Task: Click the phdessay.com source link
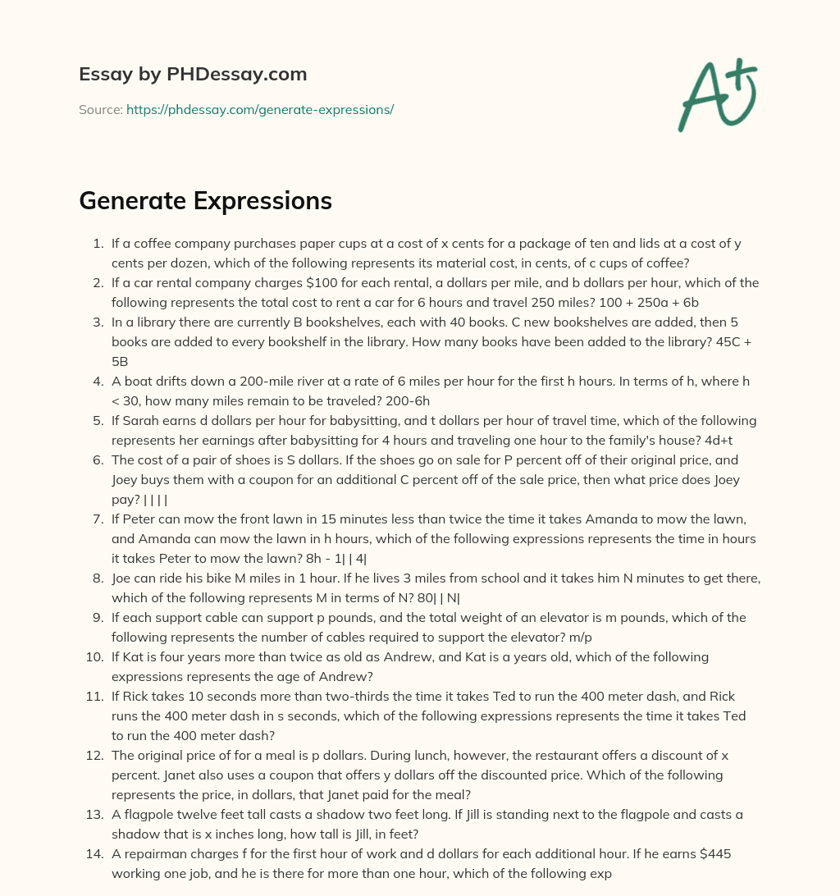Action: [260, 109]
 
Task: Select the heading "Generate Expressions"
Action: [205, 201]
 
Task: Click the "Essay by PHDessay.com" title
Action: [193, 74]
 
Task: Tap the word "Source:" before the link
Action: [101, 109]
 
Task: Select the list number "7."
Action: [98, 519]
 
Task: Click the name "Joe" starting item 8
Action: [123, 578]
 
